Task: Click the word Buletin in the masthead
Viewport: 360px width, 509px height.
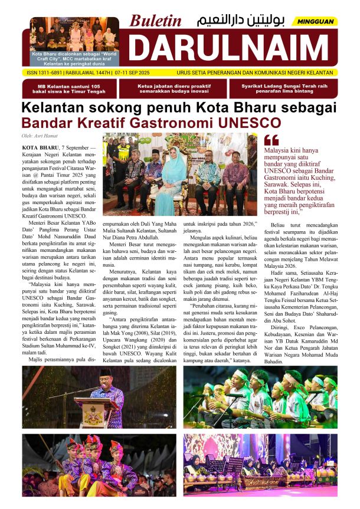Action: pyautogui.click(x=156, y=21)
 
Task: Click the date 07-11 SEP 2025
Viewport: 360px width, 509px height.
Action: pyautogui.click(x=141, y=73)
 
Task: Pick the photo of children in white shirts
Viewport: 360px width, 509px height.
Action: pyautogui.click(x=269, y=396)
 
